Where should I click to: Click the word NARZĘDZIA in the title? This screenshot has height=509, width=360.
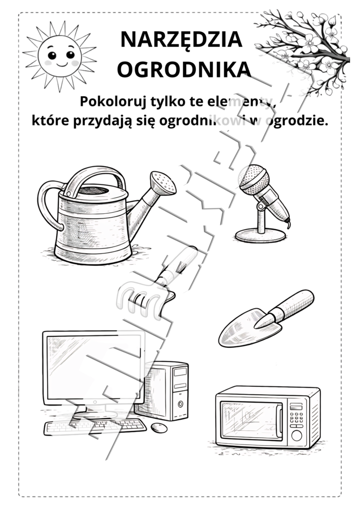coord(181,40)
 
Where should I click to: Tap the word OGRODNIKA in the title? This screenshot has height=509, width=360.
coord(183,69)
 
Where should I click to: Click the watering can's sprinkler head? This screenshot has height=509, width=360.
coord(164,182)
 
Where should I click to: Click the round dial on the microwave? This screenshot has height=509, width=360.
coord(296,436)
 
